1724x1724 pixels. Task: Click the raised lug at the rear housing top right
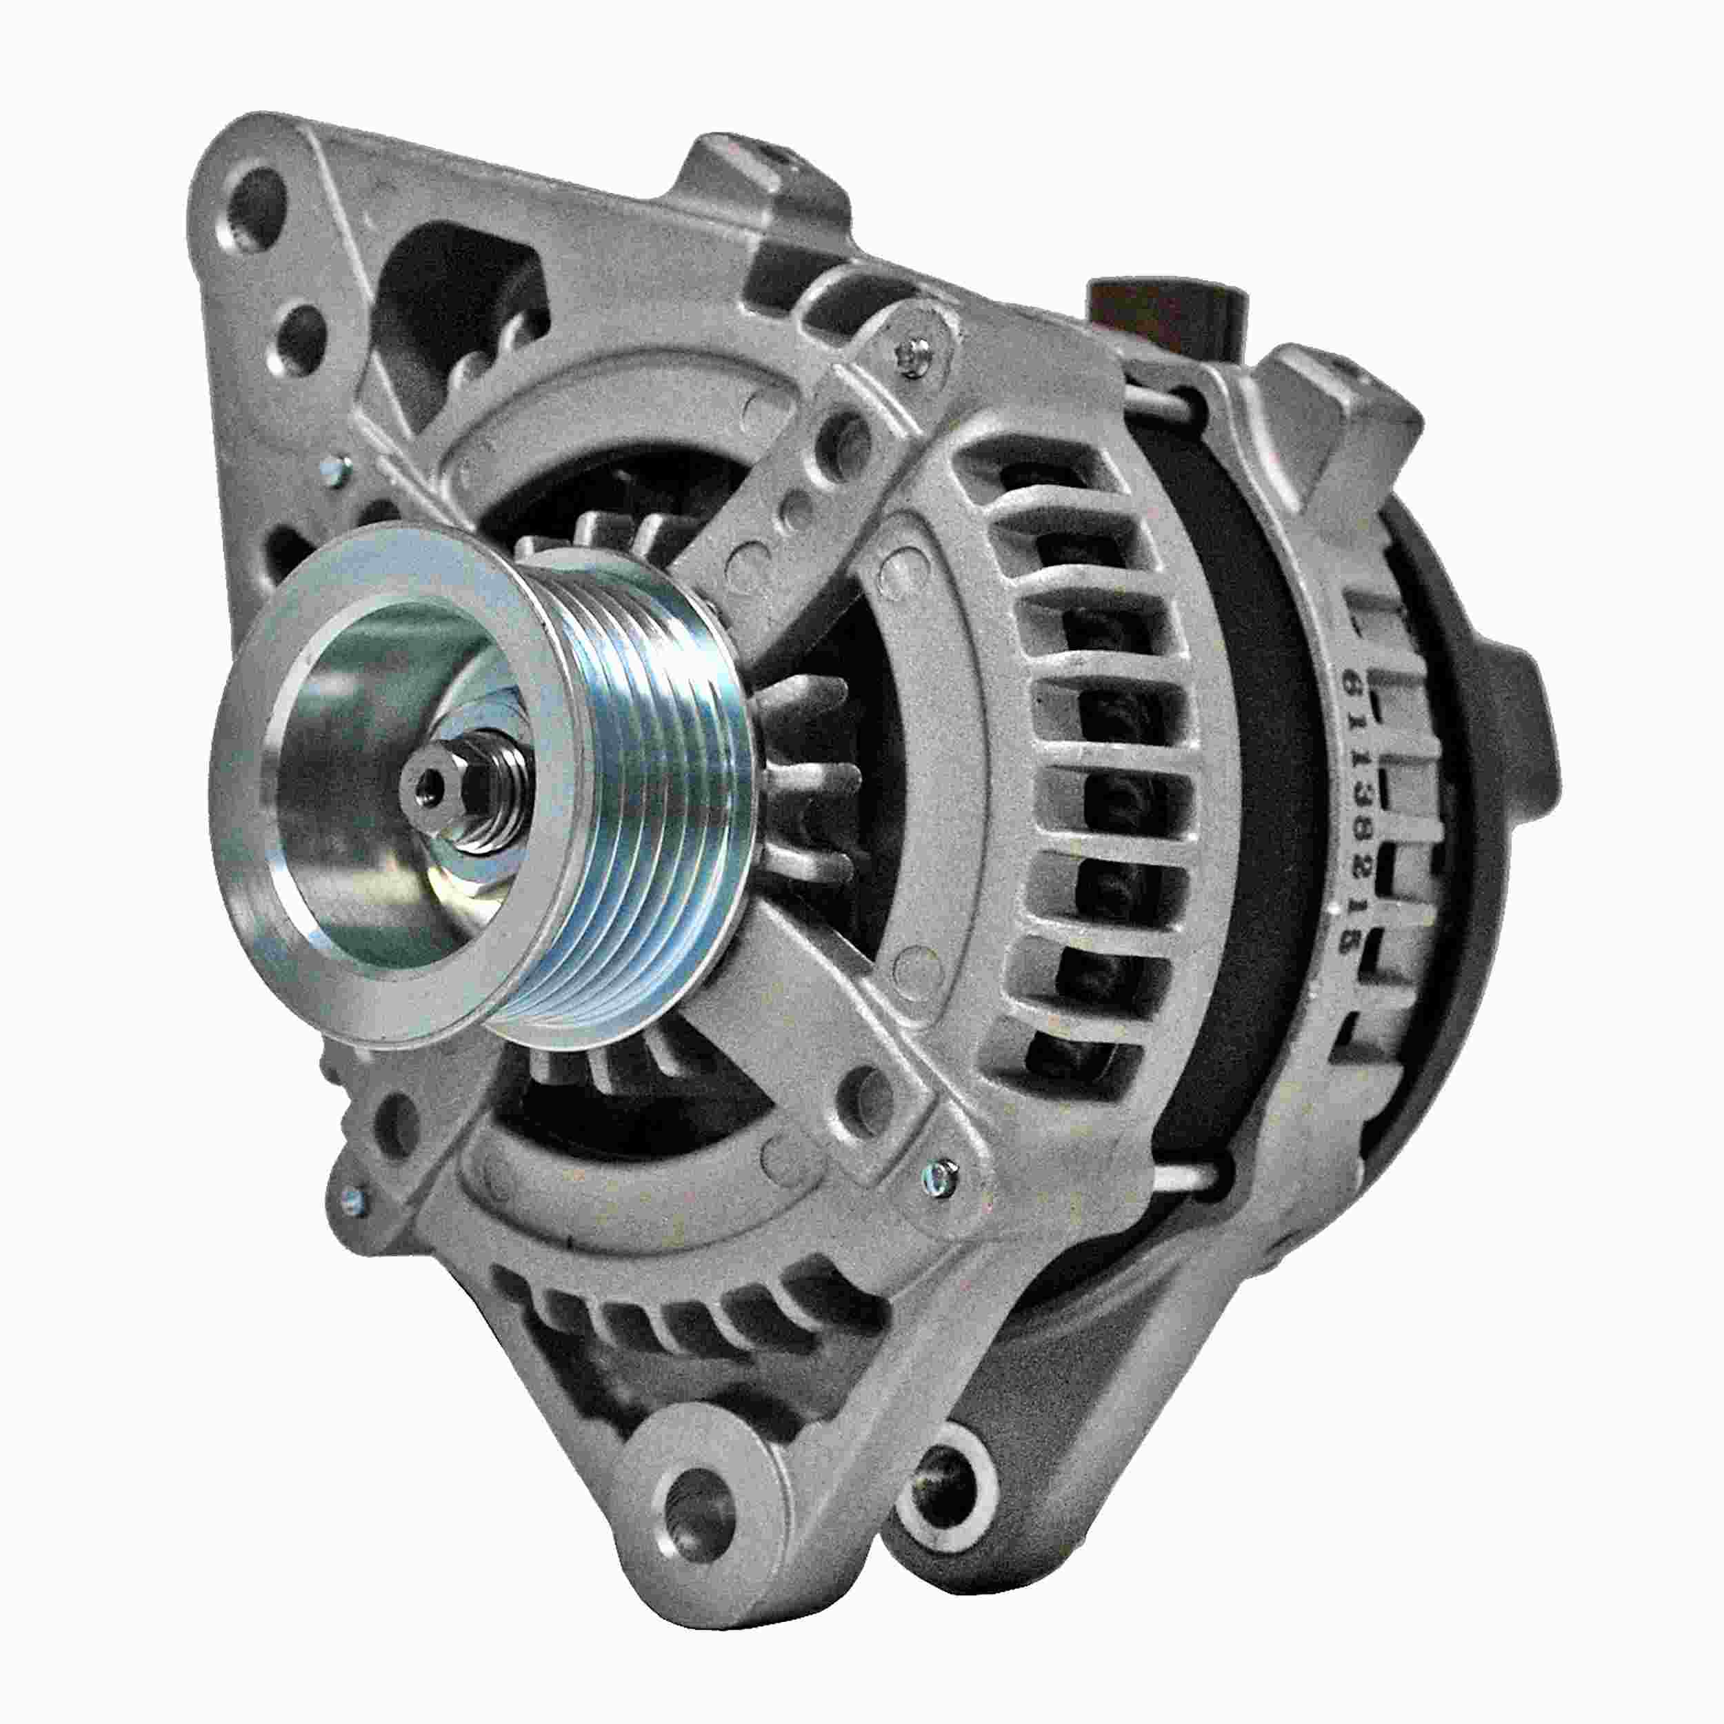tap(1339, 401)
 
